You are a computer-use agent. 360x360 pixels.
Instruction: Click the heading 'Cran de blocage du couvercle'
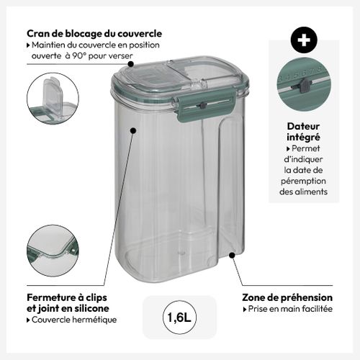click(x=94, y=33)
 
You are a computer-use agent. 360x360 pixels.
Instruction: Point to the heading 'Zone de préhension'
click(x=287, y=297)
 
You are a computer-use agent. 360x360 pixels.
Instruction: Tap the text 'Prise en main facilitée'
click(x=290, y=309)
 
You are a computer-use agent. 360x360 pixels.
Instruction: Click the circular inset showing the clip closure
click(x=53, y=252)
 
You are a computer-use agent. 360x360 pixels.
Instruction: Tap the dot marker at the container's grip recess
click(x=232, y=254)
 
